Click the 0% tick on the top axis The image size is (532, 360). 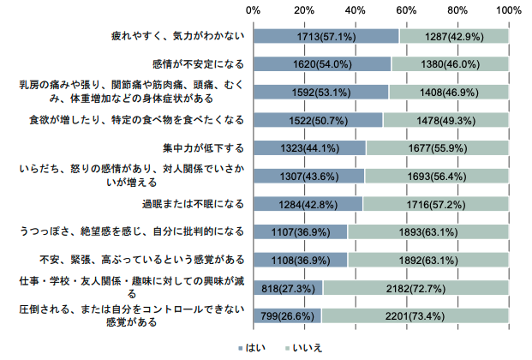click(x=254, y=10)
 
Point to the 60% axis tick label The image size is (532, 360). click(x=406, y=10)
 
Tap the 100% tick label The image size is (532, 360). click(x=508, y=10)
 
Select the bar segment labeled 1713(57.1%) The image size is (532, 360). click(x=326, y=36)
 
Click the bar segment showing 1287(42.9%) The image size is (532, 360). click(x=454, y=36)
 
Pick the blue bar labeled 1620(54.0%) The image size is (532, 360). click(x=322, y=64)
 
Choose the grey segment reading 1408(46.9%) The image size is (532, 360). click(x=449, y=92)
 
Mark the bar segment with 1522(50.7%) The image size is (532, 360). click(x=318, y=119)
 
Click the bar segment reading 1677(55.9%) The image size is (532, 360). click(x=437, y=147)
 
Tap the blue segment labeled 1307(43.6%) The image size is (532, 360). click(x=309, y=176)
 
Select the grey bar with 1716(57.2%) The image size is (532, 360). click(x=436, y=204)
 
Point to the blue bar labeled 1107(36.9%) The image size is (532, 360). click(x=301, y=231)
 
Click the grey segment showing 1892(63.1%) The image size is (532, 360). click(x=428, y=260)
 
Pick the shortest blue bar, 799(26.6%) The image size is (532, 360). click(x=287, y=315)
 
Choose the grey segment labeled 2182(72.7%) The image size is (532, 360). click(x=416, y=288)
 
